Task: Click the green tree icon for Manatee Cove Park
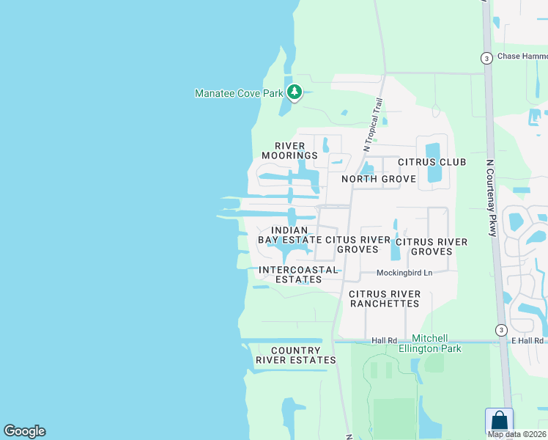point(294,92)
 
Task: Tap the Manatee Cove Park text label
point(240,93)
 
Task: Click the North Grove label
point(378,179)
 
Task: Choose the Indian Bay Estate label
point(289,235)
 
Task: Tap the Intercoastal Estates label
point(299,275)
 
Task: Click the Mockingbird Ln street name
point(404,273)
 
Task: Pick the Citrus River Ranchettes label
point(385,298)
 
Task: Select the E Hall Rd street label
point(527,340)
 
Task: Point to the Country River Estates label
point(295,356)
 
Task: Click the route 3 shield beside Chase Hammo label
point(486,57)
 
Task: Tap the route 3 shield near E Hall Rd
point(501,329)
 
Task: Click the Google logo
point(24,431)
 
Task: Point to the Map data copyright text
point(517,434)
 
